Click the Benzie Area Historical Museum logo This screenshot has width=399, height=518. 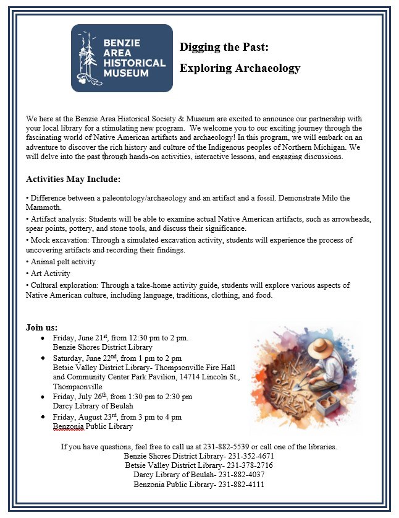pyautogui.click(x=122, y=58)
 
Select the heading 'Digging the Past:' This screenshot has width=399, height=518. pyautogui.click(x=224, y=47)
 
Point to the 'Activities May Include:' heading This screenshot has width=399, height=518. pyautogui.click(x=73, y=179)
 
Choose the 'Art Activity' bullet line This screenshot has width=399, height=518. pyautogui.click(x=50, y=274)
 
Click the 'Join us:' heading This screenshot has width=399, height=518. pyautogui.click(x=42, y=327)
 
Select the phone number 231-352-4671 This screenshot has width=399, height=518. pyautogui.click(x=251, y=456)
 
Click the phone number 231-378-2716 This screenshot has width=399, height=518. pyautogui.click(x=250, y=465)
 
